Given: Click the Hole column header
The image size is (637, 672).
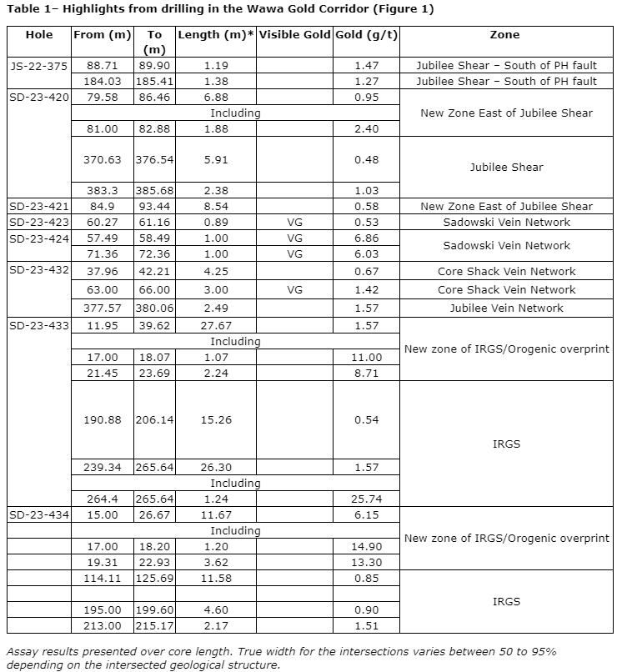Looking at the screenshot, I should pyautogui.click(x=39, y=35).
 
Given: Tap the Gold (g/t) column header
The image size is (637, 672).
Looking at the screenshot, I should pyautogui.click(x=367, y=35).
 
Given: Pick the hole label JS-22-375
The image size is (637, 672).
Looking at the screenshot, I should pyautogui.click(x=39, y=65).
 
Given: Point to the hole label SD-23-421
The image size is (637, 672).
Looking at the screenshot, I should pyautogui.click(x=39, y=206).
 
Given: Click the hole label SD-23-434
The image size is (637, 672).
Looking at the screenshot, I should pyautogui.click(x=39, y=514).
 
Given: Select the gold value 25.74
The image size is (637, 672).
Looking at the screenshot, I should pyautogui.click(x=367, y=499).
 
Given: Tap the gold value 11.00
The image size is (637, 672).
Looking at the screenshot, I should pyautogui.click(x=367, y=357).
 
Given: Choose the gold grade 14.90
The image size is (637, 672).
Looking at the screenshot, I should pyautogui.click(x=367, y=546).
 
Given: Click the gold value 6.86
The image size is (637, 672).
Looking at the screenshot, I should pyautogui.click(x=367, y=238).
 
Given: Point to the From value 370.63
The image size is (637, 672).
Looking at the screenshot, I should pyautogui.click(x=103, y=159).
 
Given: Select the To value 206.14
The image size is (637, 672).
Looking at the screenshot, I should pyautogui.click(x=154, y=419).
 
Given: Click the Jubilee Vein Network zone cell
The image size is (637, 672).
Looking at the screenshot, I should pyautogui.click(x=506, y=308).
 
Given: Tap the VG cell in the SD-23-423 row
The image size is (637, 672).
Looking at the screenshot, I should pyautogui.click(x=294, y=222).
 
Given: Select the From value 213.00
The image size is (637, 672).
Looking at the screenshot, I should pyautogui.click(x=103, y=625).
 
